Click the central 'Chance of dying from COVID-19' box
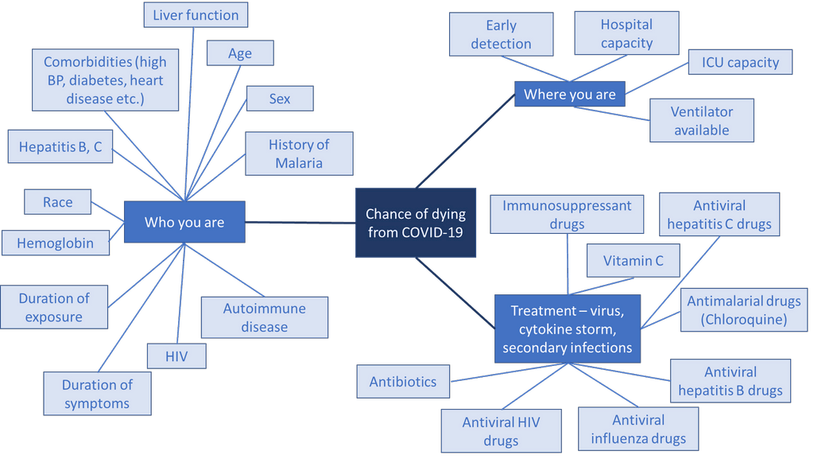pos(415,223)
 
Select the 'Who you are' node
pos(184,222)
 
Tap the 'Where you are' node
pos(569,94)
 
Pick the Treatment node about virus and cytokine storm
pos(567,329)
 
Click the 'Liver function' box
pos(196,15)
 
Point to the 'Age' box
pos(240,53)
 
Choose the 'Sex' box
pos(280,99)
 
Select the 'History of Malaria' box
pos(299,154)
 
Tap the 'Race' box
pos(58,202)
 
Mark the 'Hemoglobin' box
pos(55,243)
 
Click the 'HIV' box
pos(176,356)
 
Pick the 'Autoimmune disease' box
pos(264,317)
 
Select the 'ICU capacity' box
pos(740,62)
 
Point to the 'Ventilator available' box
pos(701,121)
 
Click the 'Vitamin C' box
pos(633,260)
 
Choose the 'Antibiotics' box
pos(403,382)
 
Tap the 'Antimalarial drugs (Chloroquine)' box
pos(744,310)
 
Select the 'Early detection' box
pos(501,35)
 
